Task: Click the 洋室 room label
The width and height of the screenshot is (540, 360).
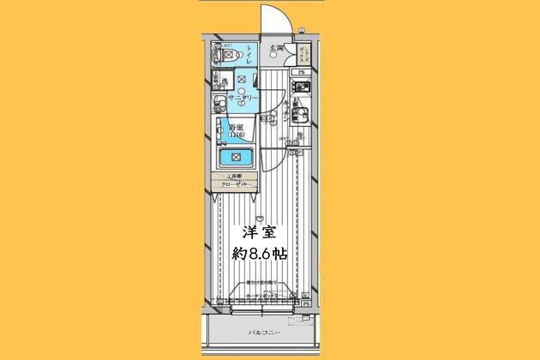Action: point(259,231)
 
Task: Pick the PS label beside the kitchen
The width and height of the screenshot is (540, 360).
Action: point(303,72)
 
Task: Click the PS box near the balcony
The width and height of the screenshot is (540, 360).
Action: point(306,302)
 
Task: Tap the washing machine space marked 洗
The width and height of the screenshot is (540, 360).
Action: point(225,82)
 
